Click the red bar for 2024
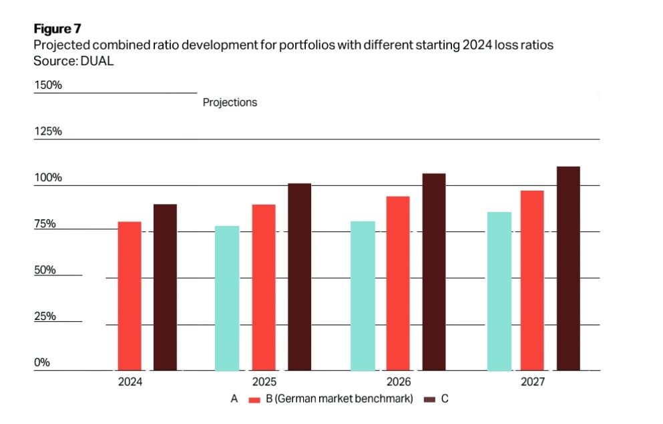130,296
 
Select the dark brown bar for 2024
165,287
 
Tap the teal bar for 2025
227,299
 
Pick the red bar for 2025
264,287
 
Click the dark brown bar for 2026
434,272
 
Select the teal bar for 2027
499,291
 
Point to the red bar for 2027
532,281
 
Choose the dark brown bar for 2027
568,269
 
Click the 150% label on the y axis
48,85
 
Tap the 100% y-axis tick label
48,177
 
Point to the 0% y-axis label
42,363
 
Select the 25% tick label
45,316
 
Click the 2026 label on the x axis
399,382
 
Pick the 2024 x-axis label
130,382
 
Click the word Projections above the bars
230,103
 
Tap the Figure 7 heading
57,29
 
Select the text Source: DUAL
73,61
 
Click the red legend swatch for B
254,400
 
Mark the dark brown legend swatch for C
429,400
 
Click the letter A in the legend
234,399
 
